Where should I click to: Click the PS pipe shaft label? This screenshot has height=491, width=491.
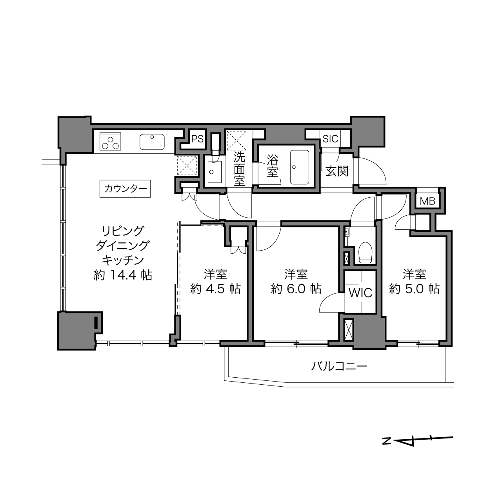[x=198, y=139]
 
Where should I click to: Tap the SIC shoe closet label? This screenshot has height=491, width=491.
[x=331, y=139]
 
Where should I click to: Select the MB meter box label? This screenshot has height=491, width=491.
[x=427, y=201]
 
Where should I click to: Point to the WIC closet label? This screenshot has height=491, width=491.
[x=360, y=293]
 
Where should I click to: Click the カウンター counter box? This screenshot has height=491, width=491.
[x=125, y=189]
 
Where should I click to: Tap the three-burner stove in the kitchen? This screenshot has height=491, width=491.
[x=110, y=142]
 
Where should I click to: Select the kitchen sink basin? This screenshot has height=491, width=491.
[x=152, y=142]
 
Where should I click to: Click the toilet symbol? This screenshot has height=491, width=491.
[x=366, y=253]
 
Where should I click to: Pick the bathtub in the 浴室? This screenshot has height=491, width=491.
[x=300, y=167]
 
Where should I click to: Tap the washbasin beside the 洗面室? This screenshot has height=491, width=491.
[x=215, y=172]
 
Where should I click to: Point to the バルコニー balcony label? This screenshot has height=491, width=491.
[x=339, y=366]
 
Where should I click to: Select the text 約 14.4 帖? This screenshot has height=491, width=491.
[x=123, y=275]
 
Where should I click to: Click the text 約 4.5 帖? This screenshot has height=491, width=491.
[x=216, y=289]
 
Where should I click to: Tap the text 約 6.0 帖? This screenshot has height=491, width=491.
[x=296, y=289]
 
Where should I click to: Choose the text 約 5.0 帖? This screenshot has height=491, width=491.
[x=414, y=289]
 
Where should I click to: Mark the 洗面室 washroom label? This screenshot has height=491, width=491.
[x=240, y=169]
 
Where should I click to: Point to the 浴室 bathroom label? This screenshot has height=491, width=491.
[x=273, y=166]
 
